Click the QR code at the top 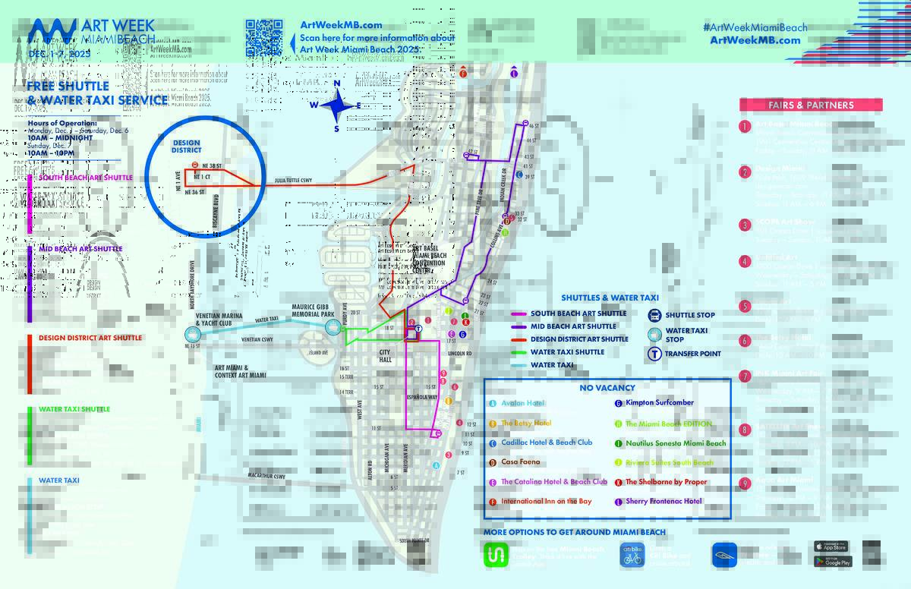point(263,37)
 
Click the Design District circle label point(186,146)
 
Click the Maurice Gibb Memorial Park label point(314,310)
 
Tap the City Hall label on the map point(385,356)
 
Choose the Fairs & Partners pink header point(810,106)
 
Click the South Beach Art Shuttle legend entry point(578,313)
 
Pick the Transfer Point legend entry point(692,354)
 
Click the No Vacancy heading point(607,388)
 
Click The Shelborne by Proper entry point(666,482)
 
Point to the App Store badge point(832,546)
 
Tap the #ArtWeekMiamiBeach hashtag point(755,27)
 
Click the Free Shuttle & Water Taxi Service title point(97,93)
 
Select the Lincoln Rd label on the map point(459,354)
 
